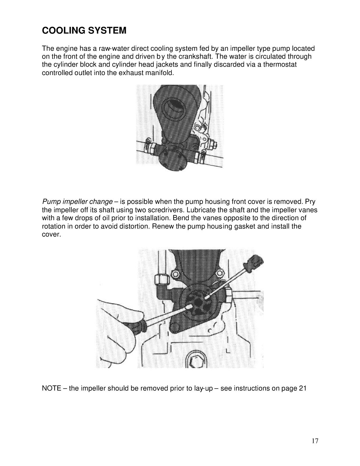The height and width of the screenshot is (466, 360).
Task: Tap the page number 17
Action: tap(315, 441)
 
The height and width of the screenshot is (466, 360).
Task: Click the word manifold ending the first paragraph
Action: tap(162, 73)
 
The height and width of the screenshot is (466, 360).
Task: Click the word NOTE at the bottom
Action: tap(51, 389)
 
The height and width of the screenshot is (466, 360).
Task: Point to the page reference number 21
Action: tap(303, 389)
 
